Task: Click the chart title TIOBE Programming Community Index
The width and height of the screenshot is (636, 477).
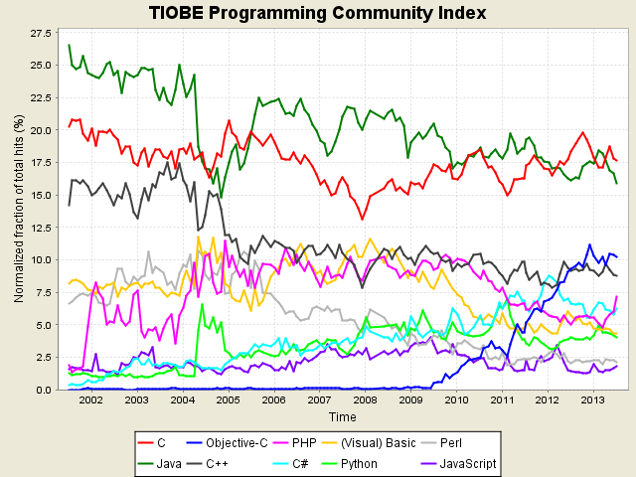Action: tap(318, 13)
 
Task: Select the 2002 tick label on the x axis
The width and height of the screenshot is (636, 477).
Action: tap(90, 400)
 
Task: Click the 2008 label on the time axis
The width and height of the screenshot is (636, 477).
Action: tap(365, 400)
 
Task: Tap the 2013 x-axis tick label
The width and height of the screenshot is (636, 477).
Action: tap(593, 400)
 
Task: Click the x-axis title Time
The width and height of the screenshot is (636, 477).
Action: tap(343, 417)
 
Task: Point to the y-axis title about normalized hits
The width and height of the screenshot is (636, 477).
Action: tap(17, 209)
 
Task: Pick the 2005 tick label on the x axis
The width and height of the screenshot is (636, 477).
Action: tap(228, 400)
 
